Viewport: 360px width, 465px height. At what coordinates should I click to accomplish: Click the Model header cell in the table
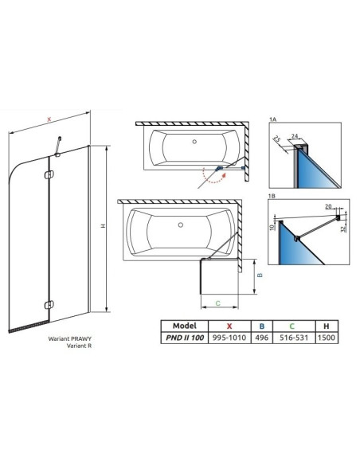tap(185, 326)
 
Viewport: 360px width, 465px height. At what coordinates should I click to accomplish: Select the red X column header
tap(229, 326)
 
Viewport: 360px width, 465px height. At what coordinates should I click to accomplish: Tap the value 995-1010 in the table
tap(229, 338)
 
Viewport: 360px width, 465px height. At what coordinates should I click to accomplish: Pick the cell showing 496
tap(261, 338)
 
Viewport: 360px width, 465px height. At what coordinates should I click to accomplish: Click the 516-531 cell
tap(294, 338)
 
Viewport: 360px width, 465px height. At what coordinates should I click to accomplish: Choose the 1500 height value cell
tap(327, 338)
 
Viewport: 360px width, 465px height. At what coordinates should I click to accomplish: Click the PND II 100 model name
tap(185, 338)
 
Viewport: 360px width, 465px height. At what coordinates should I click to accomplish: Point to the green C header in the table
tap(292, 326)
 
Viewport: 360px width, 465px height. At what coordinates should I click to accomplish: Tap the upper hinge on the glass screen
tap(49, 174)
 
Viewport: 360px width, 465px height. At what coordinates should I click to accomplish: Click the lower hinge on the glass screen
tap(49, 305)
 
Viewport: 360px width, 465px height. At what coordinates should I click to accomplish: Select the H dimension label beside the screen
tap(104, 226)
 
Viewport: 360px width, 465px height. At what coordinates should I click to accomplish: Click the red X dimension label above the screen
tap(49, 119)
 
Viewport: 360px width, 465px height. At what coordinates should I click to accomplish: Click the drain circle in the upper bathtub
tap(194, 142)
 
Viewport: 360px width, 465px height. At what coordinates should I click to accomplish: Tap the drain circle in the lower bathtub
tap(180, 225)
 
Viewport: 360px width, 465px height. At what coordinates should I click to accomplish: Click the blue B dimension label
tap(260, 275)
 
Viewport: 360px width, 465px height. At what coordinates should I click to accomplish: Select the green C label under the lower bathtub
tap(218, 303)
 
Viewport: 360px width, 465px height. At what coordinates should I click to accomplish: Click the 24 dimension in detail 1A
tap(295, 136)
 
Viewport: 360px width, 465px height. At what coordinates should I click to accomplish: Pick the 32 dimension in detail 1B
tap(343, 229)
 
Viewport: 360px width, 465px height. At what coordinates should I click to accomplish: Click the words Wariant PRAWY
tap(69, 338)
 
